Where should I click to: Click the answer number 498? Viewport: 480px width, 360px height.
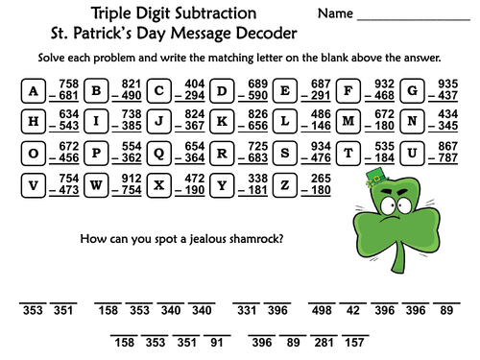coord(321,311)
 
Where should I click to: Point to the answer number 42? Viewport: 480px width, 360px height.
coord(353,311)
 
